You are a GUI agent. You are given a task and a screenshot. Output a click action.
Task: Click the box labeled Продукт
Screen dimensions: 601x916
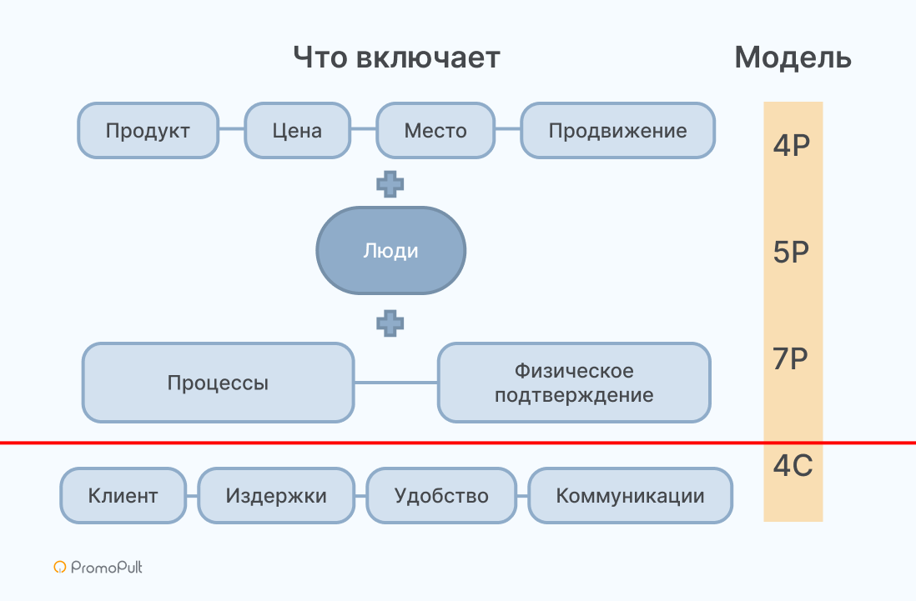[148, 131]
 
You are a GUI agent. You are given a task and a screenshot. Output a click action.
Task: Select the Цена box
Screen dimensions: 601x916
[297, 131]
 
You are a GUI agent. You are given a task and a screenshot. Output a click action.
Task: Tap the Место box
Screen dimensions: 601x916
[435, 131]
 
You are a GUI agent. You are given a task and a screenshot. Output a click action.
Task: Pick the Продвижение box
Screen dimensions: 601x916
[617, 131]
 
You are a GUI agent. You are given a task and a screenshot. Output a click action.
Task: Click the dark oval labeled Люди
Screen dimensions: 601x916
[390, 251]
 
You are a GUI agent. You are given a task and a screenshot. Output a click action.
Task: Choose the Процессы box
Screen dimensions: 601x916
[218, 383]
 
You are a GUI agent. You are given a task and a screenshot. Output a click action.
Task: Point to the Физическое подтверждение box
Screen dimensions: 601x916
[574, 383]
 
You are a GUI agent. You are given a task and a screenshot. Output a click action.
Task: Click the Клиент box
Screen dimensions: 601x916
[123, 496]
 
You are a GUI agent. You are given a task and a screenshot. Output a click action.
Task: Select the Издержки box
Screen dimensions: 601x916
[276, 496]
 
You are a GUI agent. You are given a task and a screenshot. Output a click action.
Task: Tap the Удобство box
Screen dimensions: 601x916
[441, 496]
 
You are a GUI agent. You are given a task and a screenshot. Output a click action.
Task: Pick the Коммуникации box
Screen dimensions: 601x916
[630, 496]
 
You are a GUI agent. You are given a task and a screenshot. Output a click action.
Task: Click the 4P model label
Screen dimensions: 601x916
[793, 145]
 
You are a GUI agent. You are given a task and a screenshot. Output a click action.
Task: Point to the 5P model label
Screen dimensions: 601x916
[793, 252]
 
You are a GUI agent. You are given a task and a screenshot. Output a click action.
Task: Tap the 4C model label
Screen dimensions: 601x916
[793, 466]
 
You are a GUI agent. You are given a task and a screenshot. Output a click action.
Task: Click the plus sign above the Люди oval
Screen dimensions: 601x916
[390, 183]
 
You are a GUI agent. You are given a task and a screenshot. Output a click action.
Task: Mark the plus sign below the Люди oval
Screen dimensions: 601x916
[390, 323]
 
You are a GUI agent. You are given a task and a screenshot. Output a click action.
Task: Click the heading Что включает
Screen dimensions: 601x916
[396, 58]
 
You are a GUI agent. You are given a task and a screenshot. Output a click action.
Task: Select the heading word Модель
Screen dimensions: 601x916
[793, 58]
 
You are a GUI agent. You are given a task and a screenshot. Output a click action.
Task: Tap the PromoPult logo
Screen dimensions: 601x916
[98, 568]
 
